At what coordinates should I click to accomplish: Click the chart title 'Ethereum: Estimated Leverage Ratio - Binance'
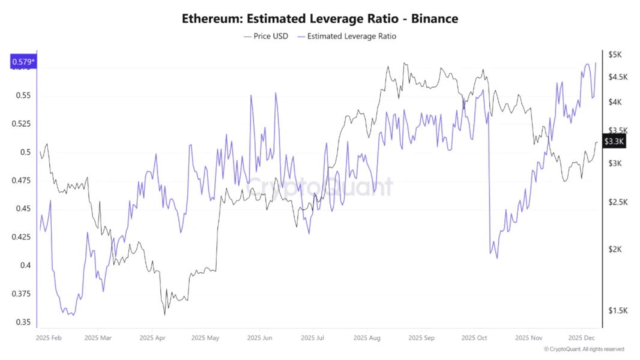(320, 19)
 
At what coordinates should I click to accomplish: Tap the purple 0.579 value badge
(23, 62)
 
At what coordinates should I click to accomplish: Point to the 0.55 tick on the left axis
(22, 95)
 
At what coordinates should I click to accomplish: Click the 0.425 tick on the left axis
(22, 237)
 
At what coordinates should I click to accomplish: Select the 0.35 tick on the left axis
(22, 322)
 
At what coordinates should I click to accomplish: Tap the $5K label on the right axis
(615, 55)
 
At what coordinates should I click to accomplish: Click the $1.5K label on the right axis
(618, 311)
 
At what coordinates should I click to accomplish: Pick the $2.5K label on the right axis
(618, 202)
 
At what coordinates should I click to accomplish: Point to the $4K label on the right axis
(615, 102)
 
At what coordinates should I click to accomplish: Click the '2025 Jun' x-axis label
(260, 338)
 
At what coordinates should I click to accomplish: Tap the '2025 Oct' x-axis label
(474, 338)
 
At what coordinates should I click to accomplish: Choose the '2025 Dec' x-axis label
(581, 338)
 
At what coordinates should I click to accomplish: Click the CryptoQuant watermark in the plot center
(320, 187)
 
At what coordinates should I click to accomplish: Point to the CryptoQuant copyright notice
(584, 349)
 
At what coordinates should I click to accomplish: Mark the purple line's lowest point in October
(497, 259)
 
